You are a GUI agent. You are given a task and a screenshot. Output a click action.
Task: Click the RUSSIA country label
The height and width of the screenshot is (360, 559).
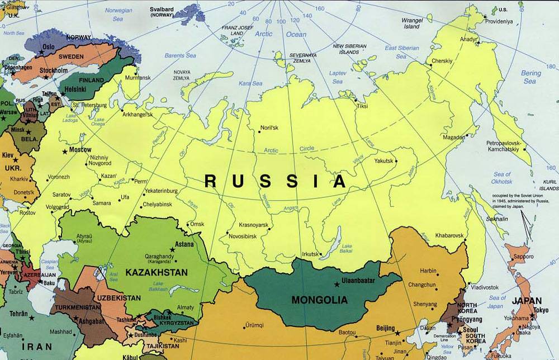coord(275,181)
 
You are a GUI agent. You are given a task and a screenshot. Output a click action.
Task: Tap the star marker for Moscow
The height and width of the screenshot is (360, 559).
coord(65,151)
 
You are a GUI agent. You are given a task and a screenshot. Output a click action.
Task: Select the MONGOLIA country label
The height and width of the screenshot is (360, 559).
coord(319,300)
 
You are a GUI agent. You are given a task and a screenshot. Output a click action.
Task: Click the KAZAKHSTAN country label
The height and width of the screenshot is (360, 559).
coord(157,272)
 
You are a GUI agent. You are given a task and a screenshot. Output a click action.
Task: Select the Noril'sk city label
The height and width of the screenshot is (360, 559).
coord(269,128)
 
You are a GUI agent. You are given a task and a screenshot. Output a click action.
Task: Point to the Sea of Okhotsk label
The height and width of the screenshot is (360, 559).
coord(501,178)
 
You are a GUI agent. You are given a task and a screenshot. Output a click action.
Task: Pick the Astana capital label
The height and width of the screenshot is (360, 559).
coord(184,244)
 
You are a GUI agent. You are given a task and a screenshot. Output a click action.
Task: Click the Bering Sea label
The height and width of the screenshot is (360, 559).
coord(530,77)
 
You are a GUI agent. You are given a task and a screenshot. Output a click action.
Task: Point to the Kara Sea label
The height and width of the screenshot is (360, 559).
coord(250,83)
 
